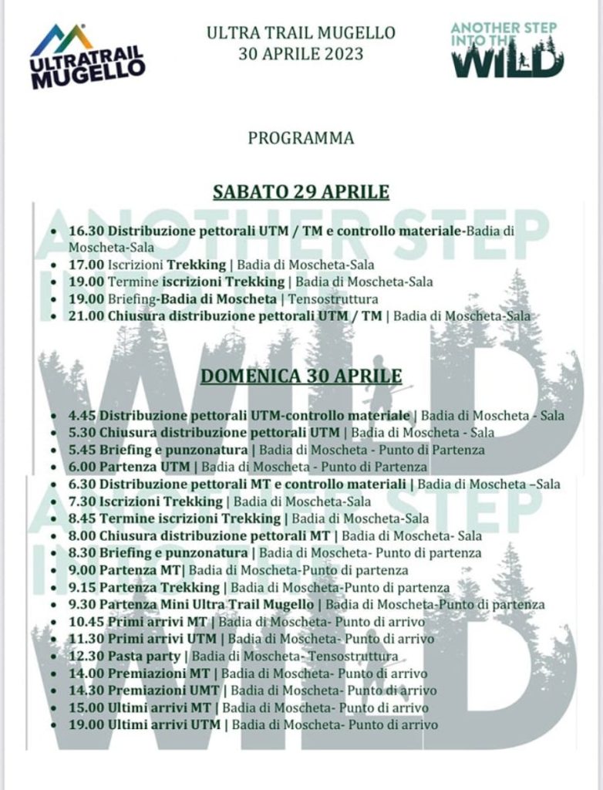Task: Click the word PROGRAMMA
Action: click(301, 138)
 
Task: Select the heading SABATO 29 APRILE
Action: click(301, 191)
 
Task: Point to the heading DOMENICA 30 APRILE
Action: click(301, 376)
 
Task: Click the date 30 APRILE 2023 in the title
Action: click(301, 55)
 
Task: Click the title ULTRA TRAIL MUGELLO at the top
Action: click(301, 33)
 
